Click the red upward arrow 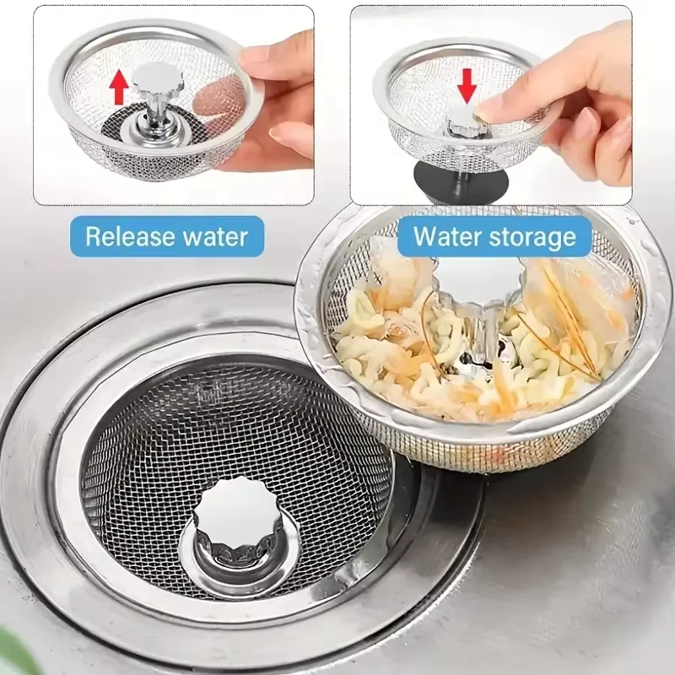pyautogui.click(x=121, y=85)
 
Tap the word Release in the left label pyautogui.click(x=126, y=235)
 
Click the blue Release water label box pyautogui.click(x=167, y=235)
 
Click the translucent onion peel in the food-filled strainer pyautogui.click(x=582, y=304)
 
